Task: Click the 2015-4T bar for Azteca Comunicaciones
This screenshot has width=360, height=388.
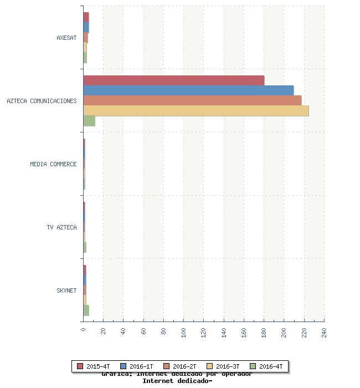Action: tap(174, 80)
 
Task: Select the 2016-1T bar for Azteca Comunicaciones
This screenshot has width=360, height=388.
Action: tap(188, 90)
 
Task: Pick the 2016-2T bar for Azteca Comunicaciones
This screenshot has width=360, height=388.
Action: tap(192, 100)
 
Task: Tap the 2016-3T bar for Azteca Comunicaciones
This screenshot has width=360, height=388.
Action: tap(196, 110)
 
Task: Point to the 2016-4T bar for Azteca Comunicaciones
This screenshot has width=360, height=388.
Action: tap(89, 121)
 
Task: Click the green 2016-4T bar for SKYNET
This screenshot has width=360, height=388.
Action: tap(86, 310)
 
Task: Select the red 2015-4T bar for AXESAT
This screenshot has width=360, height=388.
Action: tap(86, 17)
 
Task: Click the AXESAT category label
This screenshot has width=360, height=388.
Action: tap(66, 38)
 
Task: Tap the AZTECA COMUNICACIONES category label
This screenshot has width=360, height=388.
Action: tap(42, 101)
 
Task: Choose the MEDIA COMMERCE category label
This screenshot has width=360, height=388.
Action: tap(53, 164)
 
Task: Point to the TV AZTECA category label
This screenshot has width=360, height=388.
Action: tap(61, 227)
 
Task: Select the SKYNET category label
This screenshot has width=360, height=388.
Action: tap(66, 290)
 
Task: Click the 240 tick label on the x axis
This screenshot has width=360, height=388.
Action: tap(324, 333)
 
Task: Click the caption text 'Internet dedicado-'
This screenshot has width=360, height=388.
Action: tap(177, 381)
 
